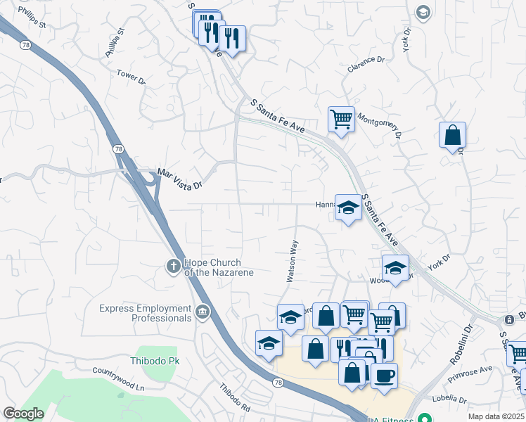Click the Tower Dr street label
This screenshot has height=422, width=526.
point(131,77)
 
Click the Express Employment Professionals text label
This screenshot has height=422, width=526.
point(145,313)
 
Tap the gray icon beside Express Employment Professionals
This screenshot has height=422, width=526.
point(203,312)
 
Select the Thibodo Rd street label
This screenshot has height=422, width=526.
point(234,398)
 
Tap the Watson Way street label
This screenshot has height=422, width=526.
point(293,262)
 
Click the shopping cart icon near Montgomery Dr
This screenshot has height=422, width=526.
point(341,119)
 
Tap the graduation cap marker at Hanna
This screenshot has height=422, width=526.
point(347,207)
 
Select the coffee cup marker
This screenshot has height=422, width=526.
point(384,376)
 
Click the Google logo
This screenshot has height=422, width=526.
point(23,414)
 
